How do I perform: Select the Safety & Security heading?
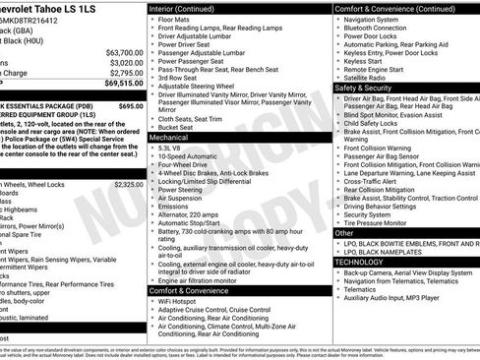363,88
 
